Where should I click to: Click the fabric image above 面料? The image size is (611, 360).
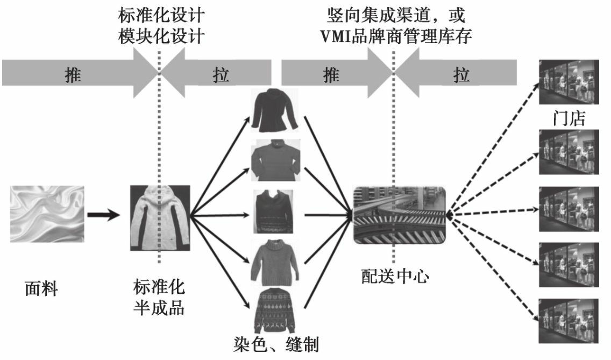(47, 214)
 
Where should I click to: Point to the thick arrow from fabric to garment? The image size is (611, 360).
(103, 215)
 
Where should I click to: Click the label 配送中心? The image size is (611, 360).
(395, 276)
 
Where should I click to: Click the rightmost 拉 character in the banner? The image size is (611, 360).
(460, 75)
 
